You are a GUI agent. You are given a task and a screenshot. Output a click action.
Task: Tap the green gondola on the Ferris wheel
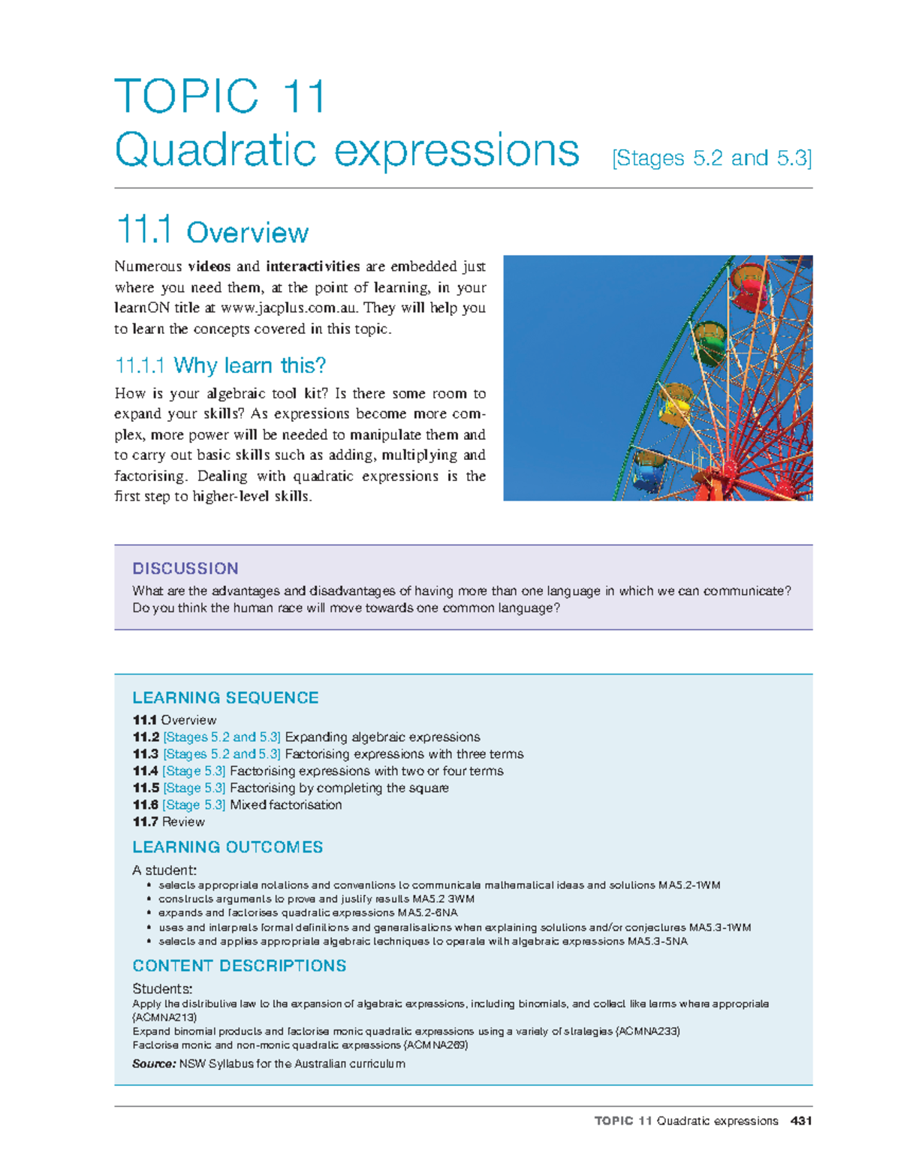point(710,341)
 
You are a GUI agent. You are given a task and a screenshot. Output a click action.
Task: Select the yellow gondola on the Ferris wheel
point(675,405)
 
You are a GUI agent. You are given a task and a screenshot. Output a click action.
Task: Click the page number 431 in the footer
point(801,1121)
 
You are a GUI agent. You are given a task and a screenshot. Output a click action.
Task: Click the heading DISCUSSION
point(185,569)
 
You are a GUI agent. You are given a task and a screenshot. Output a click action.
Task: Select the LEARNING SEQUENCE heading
point(225,698)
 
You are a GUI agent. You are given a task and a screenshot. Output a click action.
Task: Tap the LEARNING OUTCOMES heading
point(228,847)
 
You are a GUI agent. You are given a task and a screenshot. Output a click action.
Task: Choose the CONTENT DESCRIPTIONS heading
point(239,966)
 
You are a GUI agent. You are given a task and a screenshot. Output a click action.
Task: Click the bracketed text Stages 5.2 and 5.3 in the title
point(712,158)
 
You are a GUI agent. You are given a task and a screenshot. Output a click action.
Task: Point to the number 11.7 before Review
point(146,822)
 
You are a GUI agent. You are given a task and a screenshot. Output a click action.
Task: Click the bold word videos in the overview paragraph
point(209,266)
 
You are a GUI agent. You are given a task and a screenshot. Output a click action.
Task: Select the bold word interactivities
point(313,266)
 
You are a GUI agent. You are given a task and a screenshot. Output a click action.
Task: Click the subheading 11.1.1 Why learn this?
point(220,365)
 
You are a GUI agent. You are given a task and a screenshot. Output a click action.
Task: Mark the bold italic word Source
point(154,1064)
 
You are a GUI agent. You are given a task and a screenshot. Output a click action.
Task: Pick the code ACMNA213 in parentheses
point(164,1017)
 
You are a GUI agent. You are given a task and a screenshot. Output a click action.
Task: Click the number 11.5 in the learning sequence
point(146,788)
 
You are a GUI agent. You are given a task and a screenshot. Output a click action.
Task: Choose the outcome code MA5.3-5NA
point(657,942)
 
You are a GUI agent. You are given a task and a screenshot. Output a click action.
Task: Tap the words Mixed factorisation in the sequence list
point(285,805)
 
